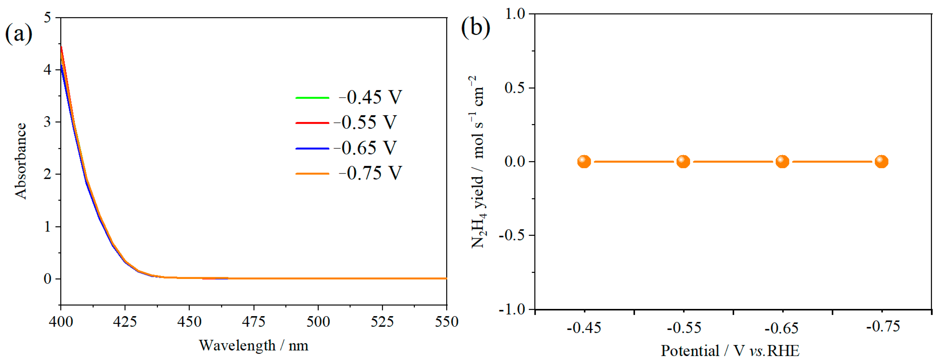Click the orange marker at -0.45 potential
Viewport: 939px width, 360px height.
tap(584, 162)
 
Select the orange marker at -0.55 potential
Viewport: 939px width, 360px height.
tap(683, 162)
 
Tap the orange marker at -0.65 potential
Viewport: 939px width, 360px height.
tap(782, 162)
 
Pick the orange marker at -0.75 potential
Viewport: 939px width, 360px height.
tap(881, 162)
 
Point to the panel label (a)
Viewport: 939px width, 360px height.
tap(18, 33)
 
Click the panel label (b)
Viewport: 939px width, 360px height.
tap(475, 27)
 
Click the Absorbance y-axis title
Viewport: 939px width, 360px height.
tap(21, 161)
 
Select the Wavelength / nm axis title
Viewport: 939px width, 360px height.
tap(253, 345)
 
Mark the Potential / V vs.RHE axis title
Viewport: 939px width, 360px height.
tap(730, 351)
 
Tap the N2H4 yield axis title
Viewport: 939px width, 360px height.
tap(477, 162)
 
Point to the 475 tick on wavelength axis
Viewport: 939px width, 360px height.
tap(253, 322)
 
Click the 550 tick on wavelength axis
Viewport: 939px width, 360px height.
tap(446, 322)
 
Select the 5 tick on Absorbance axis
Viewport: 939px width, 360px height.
tap(47, 18)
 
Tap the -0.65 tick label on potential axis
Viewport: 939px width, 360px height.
tap(781, 328)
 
